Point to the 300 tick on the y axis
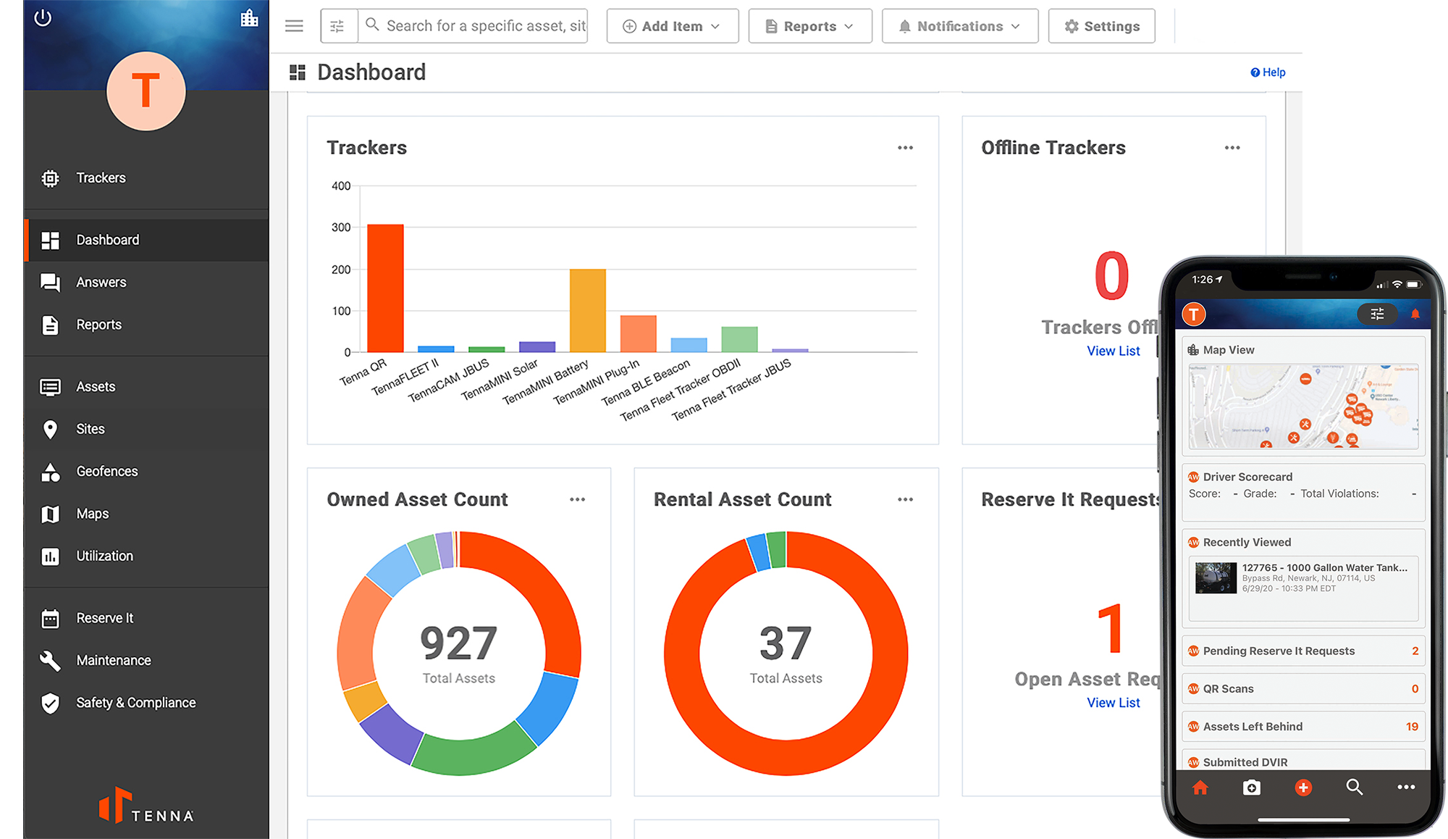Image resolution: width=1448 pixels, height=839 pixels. click(341, 228)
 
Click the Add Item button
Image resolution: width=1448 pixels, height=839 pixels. click(672, 26)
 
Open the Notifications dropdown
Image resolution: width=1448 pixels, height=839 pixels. click(959, 26)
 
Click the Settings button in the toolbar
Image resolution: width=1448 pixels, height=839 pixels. click(1101, 26)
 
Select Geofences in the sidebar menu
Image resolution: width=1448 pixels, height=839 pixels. click(106, 472)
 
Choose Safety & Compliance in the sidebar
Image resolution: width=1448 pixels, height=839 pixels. click(135, 703)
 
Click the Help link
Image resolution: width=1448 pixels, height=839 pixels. click(1268, 72)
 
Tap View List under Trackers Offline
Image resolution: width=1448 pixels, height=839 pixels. click(1113, 351)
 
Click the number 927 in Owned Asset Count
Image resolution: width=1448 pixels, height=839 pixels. click(458, 643)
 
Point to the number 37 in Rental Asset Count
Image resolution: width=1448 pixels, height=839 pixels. click(786, 643)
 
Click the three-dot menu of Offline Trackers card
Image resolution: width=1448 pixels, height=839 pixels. click(1232, 148)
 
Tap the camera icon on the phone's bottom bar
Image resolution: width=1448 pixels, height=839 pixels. click(1251, 788)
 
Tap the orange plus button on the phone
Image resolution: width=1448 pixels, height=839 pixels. click(1302, 788)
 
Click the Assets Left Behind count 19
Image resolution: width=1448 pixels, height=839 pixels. click(1412, 727)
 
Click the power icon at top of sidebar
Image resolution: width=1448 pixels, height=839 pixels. click(43, 18)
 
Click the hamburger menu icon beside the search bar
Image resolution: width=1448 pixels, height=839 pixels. click(294, 26)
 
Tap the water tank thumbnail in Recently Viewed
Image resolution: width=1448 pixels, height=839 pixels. click(1216, 578)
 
